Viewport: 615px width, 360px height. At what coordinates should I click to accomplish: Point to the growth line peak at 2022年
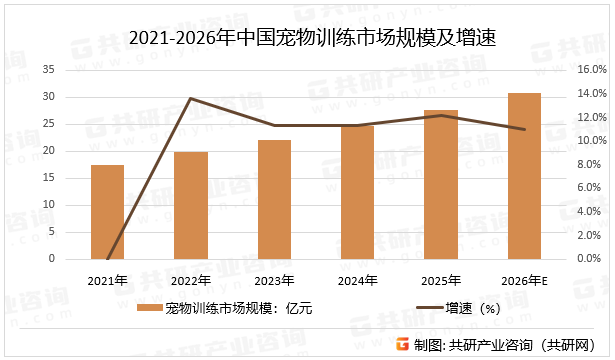(x=190, y=99)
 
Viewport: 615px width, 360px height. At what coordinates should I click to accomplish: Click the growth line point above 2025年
(x=441, y=115)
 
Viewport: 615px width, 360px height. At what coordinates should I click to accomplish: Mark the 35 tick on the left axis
(x=50, y=70)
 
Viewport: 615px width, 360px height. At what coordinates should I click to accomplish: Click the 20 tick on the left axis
(x=50, y=151)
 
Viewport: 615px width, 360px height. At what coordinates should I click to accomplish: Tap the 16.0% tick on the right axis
(x=592, y=70)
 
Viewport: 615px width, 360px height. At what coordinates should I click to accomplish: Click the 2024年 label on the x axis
(x=357, y=279)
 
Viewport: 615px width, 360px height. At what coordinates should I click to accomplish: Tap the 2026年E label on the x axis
(x=524, y=279)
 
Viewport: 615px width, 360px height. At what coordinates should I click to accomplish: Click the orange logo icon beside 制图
(x=403, y=345)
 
